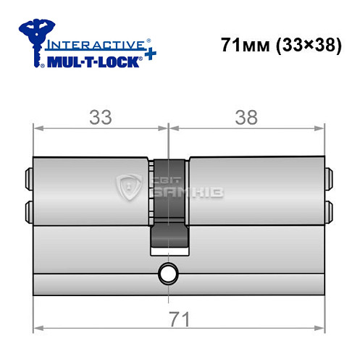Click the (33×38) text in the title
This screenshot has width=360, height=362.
[x=306, y=45]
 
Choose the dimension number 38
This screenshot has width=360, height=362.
[x=246, y=118]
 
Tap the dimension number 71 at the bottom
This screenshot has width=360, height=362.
[x=177, y=319]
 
